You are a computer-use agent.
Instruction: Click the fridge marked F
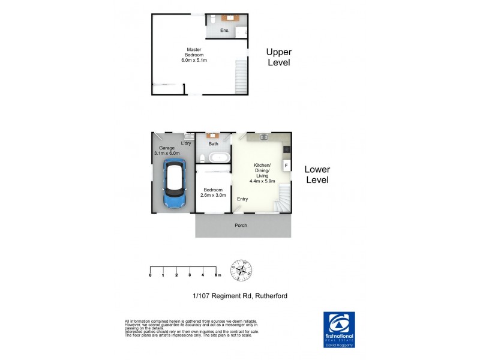tap(286, 164)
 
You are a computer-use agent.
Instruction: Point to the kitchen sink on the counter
tap(263, 138)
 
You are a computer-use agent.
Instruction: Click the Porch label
tap(241, 225)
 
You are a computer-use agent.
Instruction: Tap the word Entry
tap(242, 199)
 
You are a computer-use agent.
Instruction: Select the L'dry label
tap(186, 143)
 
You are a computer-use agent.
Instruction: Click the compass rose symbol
tap(242, 270)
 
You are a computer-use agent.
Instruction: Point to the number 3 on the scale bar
tap(190, 275)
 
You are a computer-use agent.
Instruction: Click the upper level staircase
tap(240, 76)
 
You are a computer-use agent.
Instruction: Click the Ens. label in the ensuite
tap(225, 30)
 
